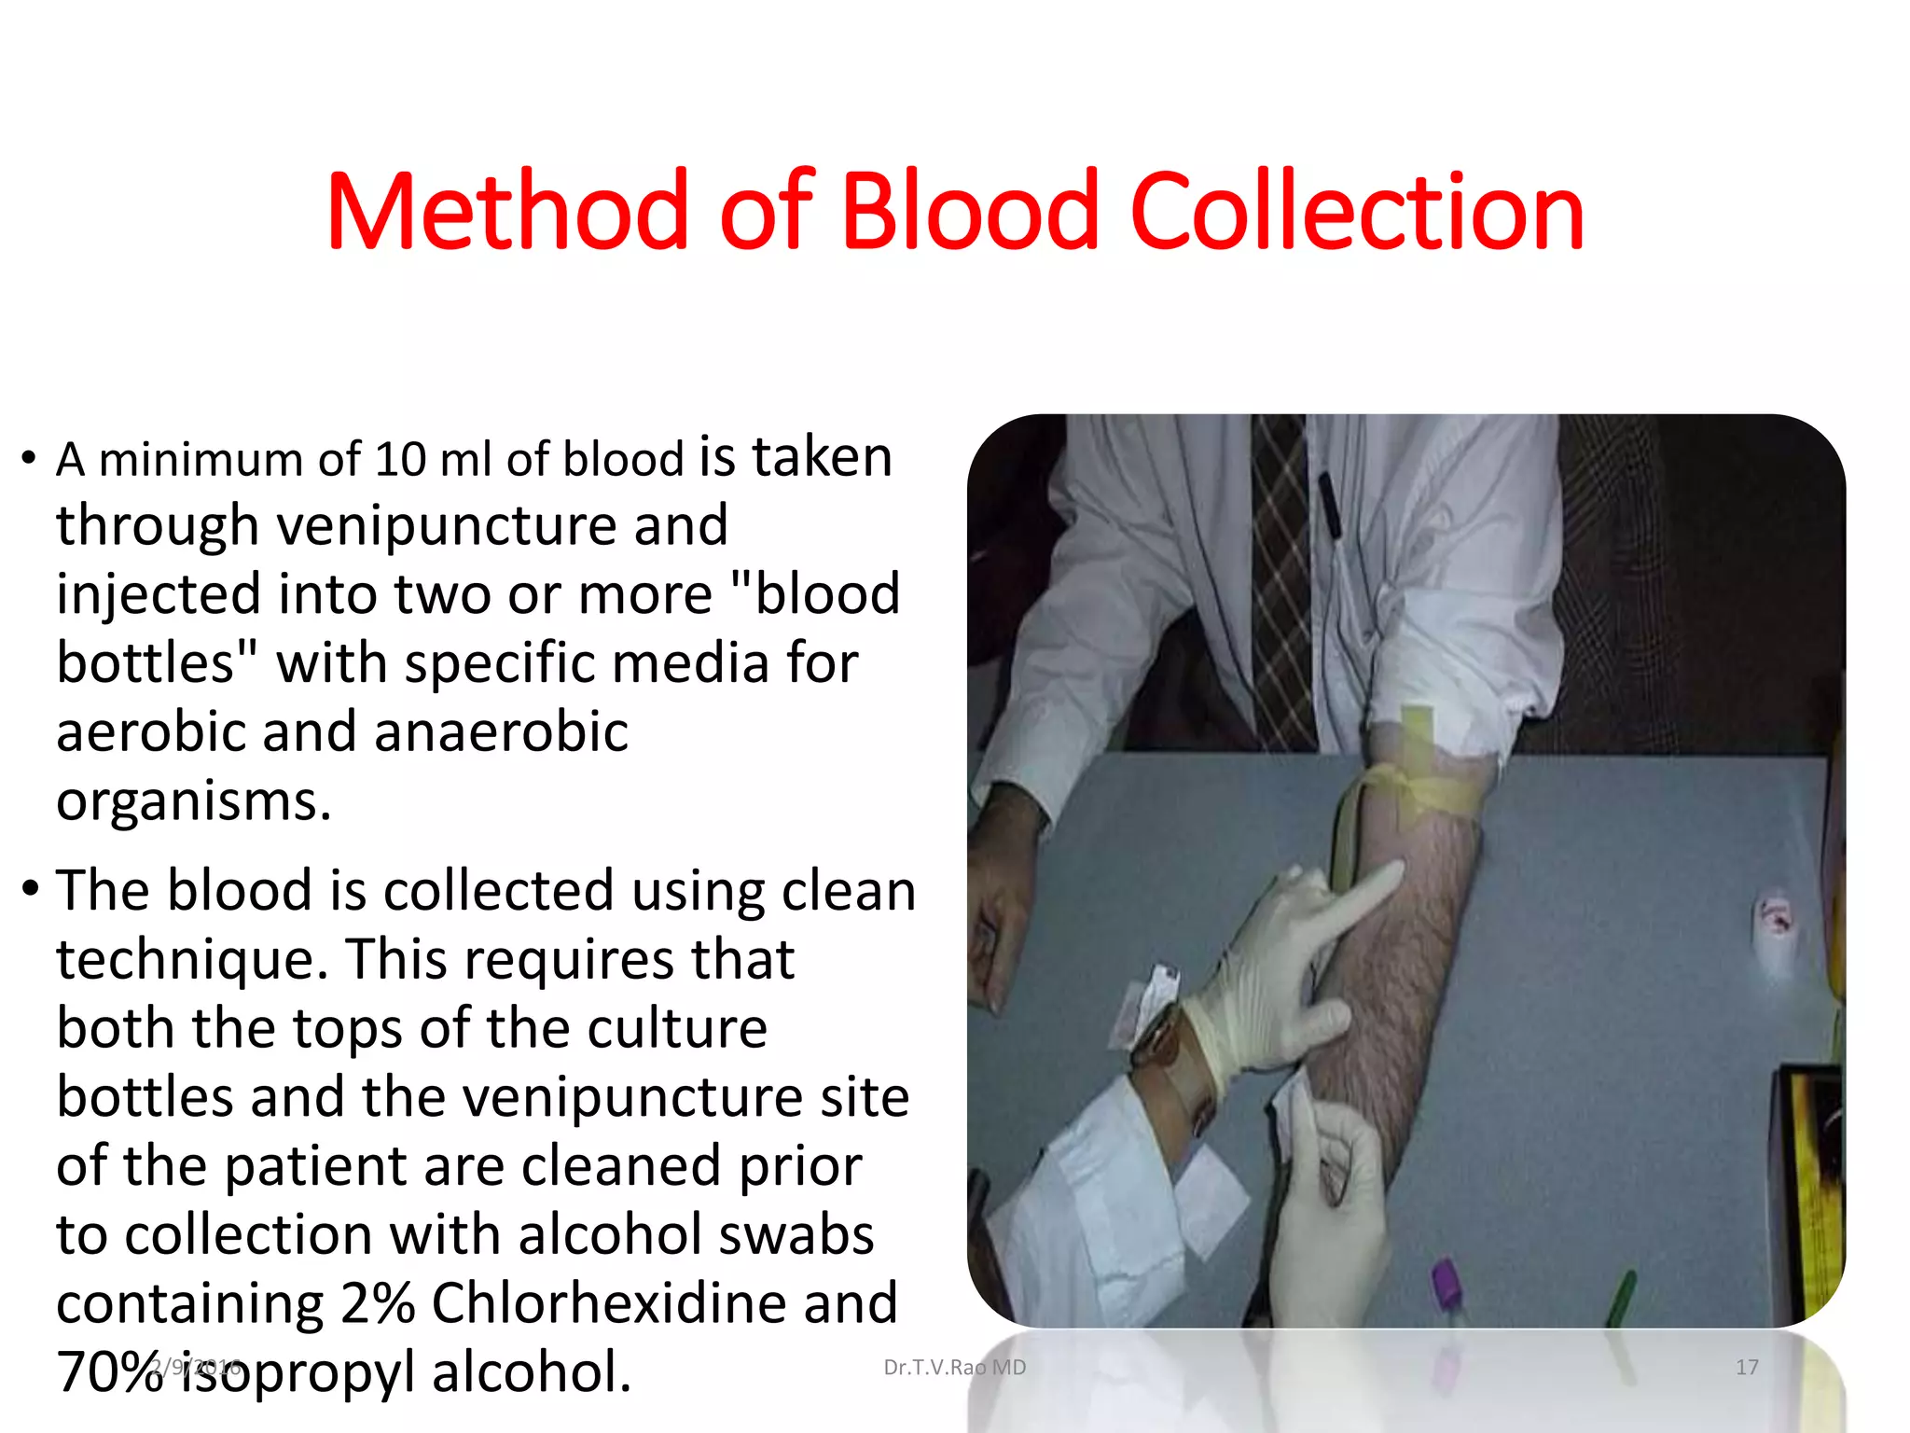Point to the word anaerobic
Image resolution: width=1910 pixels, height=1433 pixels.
[501, 731]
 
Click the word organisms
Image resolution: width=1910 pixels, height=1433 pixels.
[193, 800]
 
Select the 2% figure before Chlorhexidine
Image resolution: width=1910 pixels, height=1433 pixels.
[377, 1303]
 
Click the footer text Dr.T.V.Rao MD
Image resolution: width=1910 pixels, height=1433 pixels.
[954, 1368]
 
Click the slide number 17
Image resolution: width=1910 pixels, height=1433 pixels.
[1747, 1368]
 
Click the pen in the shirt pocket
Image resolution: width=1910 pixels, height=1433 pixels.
[1328, 504]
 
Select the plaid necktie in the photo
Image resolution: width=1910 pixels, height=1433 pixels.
[1282, 578]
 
